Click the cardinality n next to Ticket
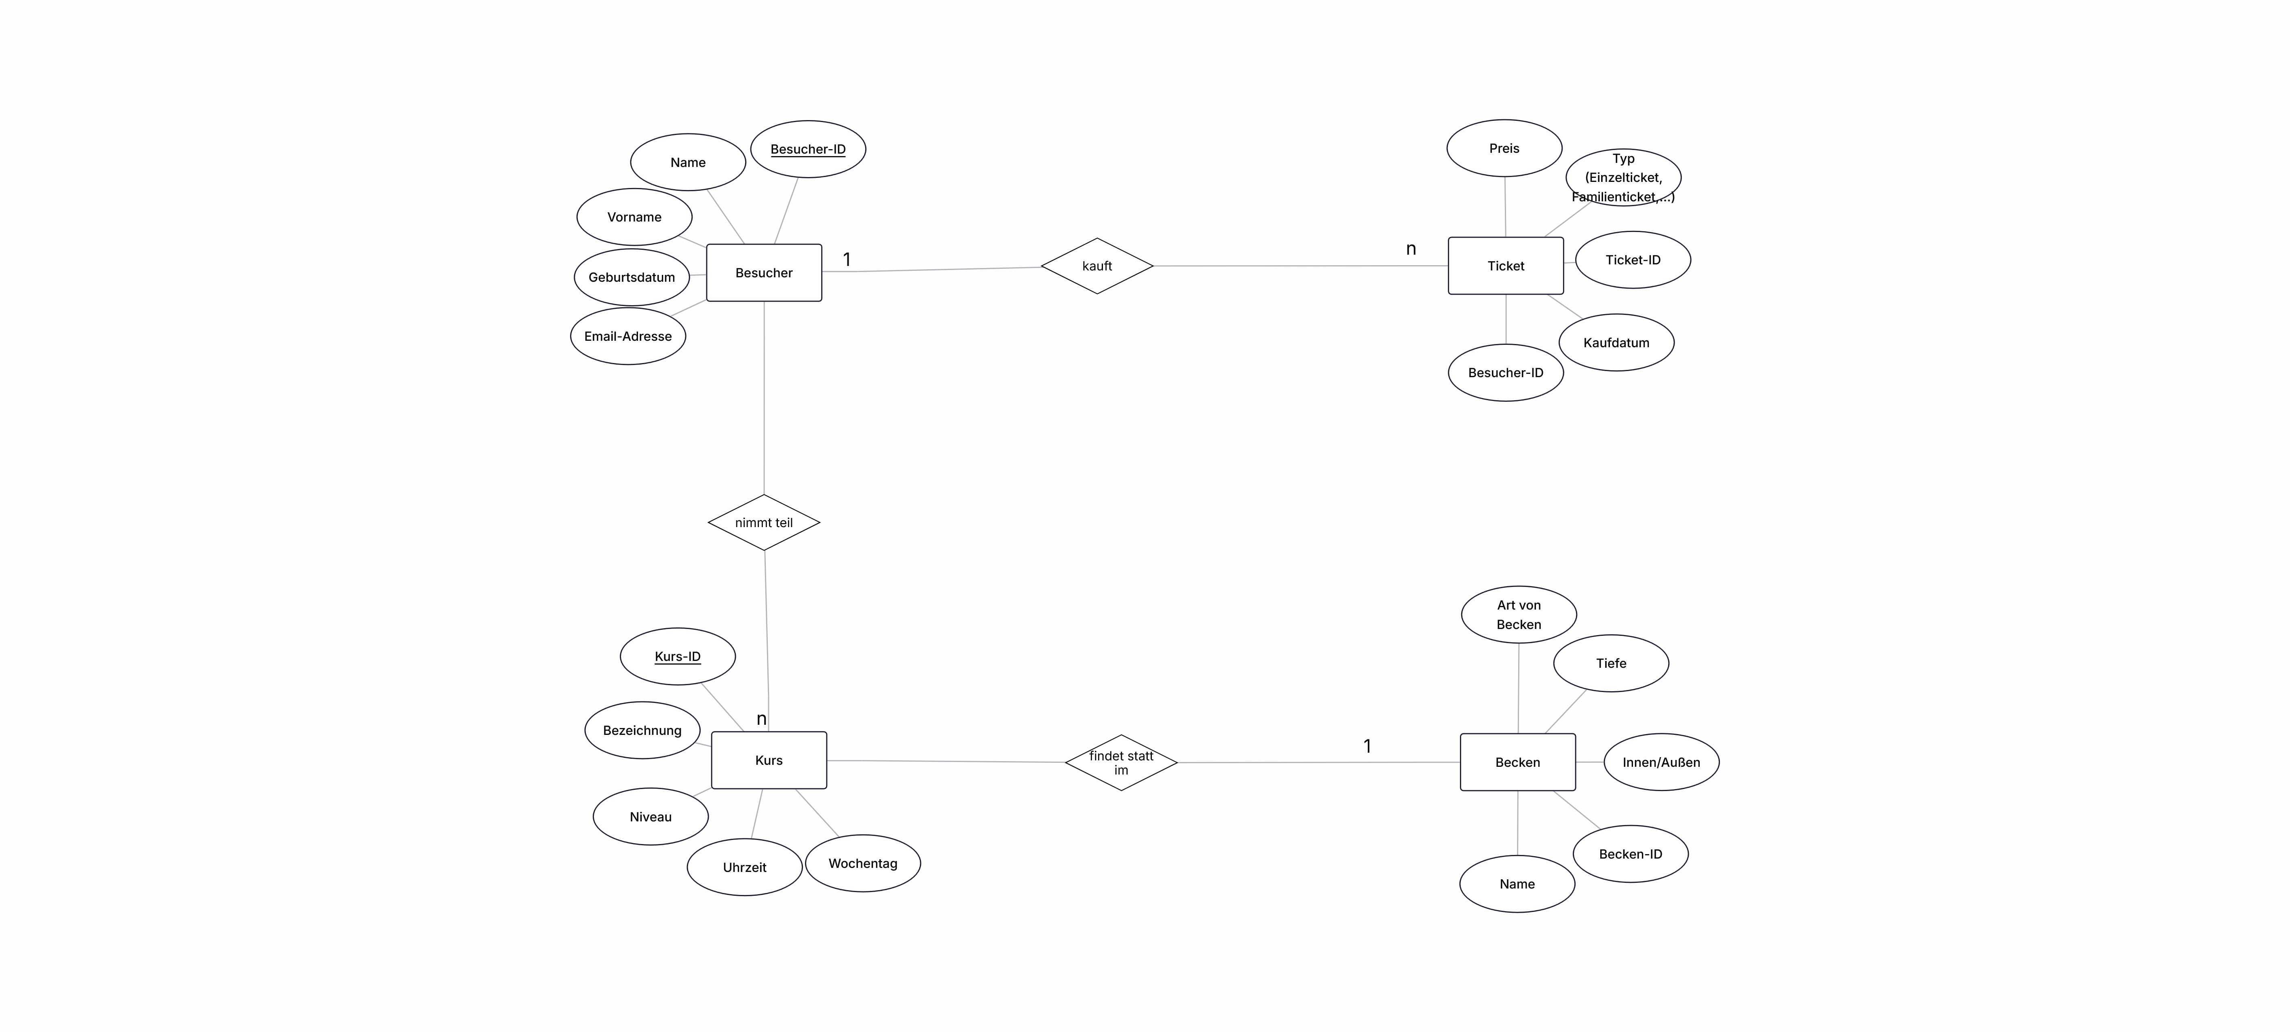pos(1411,249)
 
